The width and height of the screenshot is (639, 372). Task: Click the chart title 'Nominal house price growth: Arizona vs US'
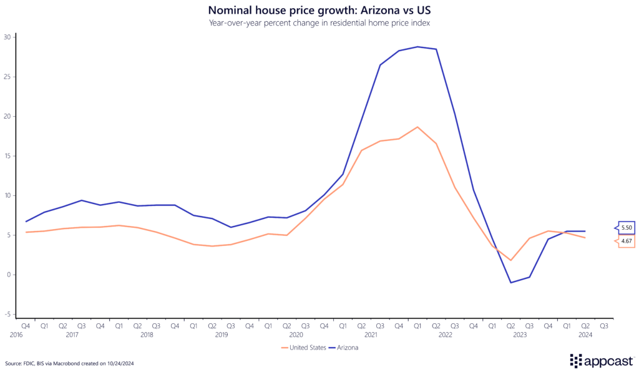click(x=319, y=10)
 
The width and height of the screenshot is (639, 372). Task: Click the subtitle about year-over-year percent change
click(x=319, y=23)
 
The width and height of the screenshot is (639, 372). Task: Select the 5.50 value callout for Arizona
click(x=626, y=228)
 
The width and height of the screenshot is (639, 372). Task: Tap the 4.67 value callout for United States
click(x=626, y=242)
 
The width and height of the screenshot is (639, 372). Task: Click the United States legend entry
click(x=305, y=348)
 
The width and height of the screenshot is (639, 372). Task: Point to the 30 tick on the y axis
click(x=7, y=37)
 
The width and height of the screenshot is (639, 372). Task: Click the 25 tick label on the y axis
click(x=7, y=77)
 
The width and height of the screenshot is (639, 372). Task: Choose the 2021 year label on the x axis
click(x=370, y=335)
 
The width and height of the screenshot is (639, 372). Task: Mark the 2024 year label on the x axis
click(x=585, y=335)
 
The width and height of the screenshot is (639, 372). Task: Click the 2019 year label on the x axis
click(x=221, y=335)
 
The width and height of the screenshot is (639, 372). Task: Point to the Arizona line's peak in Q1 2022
click(x=417, y=47)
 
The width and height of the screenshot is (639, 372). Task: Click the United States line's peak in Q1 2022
click(x=417, y=127)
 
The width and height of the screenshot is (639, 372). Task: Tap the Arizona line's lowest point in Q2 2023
click(x=510, y=283)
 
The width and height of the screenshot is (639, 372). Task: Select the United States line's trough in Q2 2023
click(x=510, y=260)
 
